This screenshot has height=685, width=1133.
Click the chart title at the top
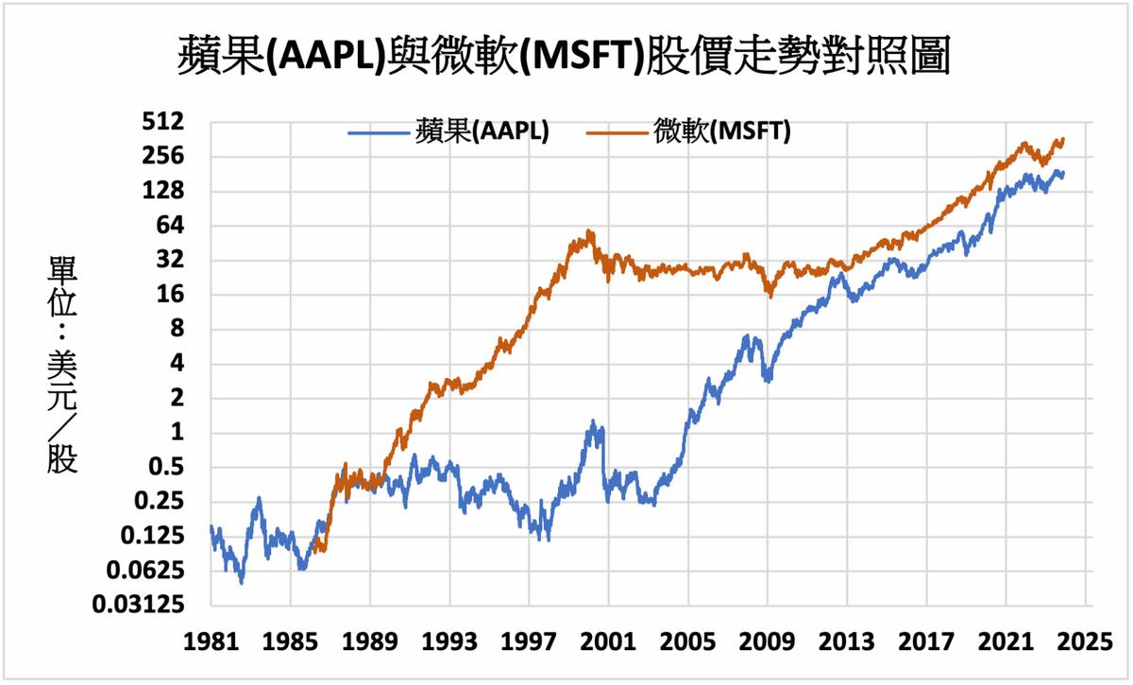(x=564, y=57)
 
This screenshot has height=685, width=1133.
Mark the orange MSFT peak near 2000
(x=590, y=231)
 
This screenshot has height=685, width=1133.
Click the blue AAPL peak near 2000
(x=593, y=421)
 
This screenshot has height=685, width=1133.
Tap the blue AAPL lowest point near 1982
(x=242, y=583)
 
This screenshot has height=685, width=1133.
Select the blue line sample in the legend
(x=378, y=131)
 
